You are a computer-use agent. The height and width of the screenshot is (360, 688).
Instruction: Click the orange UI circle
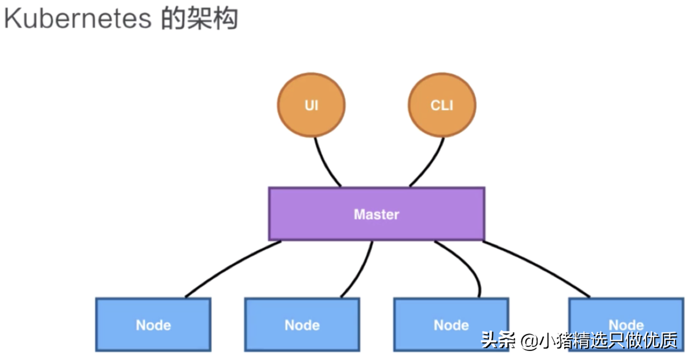coord(311,105)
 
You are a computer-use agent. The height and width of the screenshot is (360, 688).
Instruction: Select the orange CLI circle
coord(442,105)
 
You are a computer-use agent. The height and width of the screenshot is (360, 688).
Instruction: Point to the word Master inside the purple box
coord(376,214)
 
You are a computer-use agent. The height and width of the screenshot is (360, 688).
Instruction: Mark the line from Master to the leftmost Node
coord(225,268)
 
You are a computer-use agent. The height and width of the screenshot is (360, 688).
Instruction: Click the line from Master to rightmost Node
coord(541,268)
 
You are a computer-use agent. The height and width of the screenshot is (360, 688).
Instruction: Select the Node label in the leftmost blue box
coord(153,325)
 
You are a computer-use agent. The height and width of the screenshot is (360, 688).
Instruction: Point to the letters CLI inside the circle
coord(442,106)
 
